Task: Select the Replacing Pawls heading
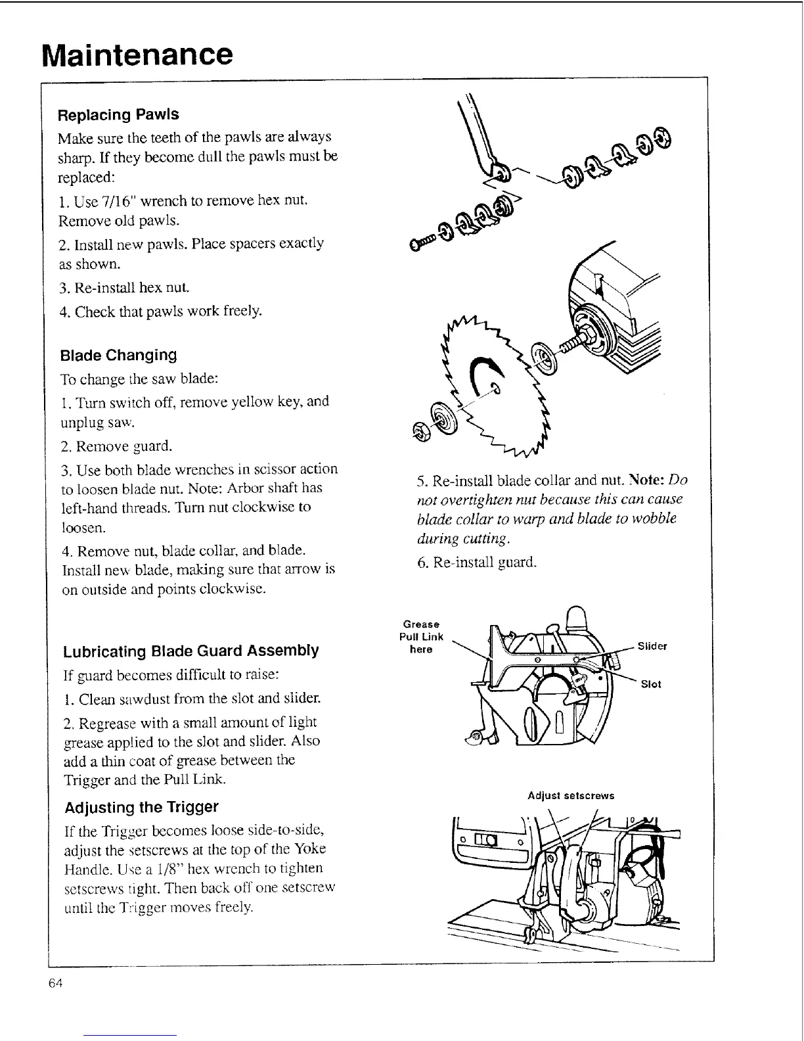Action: tap(118, 114)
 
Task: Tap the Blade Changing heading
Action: tap(118, 356)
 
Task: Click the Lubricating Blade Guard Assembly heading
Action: tap(190, 651)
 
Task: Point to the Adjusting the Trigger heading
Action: tap(141, 807)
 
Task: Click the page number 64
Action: tap(55, 983)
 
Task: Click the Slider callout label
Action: tap(652, 646)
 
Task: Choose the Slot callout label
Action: tap(651, 684)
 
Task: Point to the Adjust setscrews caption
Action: tap(571, 796)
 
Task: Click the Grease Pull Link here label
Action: tap(421, 636)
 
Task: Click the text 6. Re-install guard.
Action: tap(477, 563)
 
